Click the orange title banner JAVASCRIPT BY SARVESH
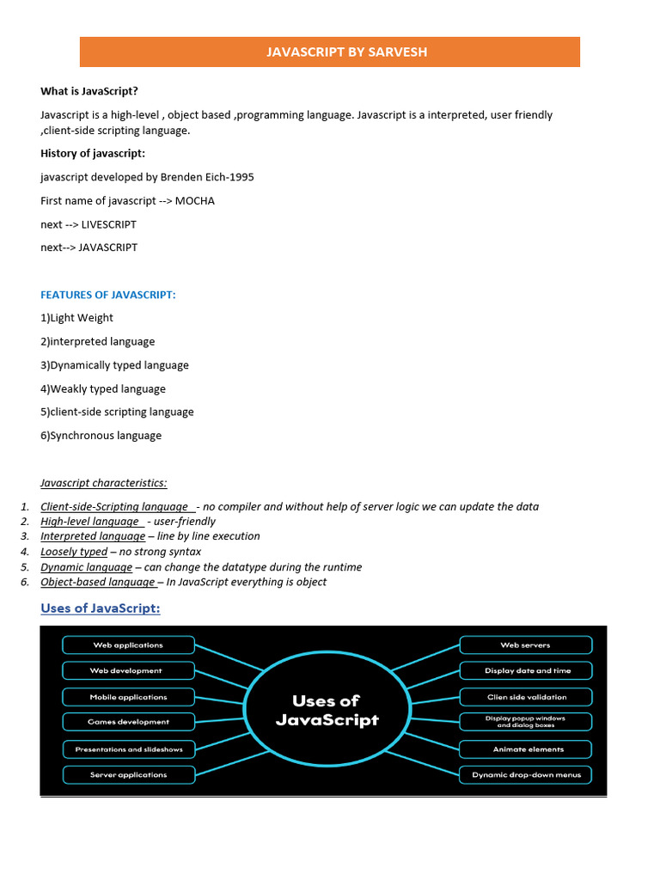point(330,52)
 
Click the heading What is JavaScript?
point(89,91)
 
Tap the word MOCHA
point(195,201)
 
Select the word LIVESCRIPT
point(108,224)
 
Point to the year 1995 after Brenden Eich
point(241,177)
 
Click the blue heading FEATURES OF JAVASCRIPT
point(108,295)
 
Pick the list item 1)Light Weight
point(77,318)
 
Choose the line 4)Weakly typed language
point(103,388)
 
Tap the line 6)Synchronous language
point(101,436)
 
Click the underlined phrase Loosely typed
point(74,552)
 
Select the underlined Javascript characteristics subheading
point(104,483)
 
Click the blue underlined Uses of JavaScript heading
point(101,609)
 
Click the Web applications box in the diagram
point(128,645)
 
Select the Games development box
point(128,722)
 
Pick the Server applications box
point(128,774)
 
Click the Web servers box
point(526,645)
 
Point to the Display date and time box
point(526,670)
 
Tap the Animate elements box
point(526,749)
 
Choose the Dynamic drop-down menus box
point(526,774)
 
